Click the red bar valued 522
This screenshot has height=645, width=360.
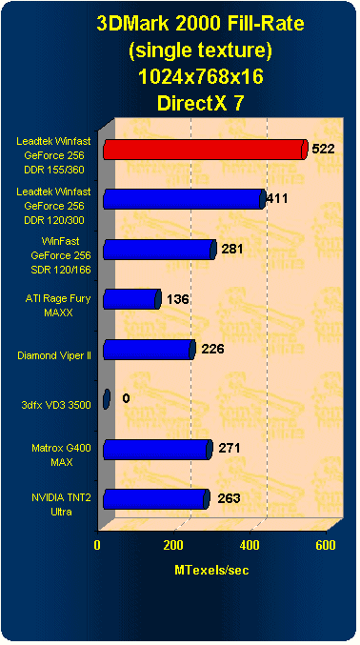click(x=203, y=150)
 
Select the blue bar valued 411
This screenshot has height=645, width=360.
click(x=181, y=199)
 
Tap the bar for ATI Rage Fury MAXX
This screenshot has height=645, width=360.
click(x=130, y=299)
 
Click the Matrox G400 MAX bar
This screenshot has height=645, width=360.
click(x=156, y=449)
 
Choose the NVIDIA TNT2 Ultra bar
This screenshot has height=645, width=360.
click(x=154, y=498)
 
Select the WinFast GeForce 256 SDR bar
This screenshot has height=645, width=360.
click(x=158, y=250)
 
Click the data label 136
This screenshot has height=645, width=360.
click(x=177, y=299)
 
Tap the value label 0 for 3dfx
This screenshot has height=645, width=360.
click(x=126, y=398)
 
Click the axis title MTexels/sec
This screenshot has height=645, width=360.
click(x=211, y=569)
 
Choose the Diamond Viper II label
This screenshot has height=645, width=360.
click(x=54, y=355)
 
